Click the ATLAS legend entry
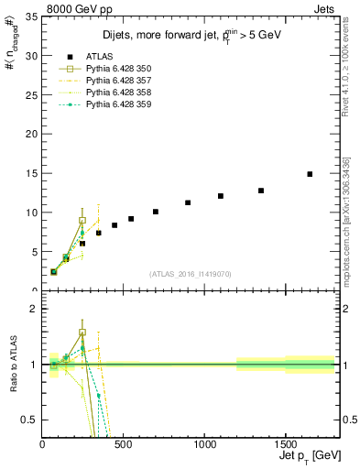click(x=101, y=56)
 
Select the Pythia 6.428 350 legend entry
click(x=118, y=69)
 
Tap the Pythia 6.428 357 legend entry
click(x=118, y=81)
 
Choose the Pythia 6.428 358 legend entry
click(x=118, y=93)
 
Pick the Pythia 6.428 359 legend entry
click(x=118, y=104)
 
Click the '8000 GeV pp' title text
click(x=73, y=7)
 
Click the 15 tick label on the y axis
click(x=30, y=173)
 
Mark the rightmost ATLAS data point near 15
click(x=310, y=174)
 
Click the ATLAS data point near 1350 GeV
click(x=261, y=191)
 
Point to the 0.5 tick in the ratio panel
click(x=30, y=420)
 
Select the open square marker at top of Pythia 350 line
click(x=82, y=221)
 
